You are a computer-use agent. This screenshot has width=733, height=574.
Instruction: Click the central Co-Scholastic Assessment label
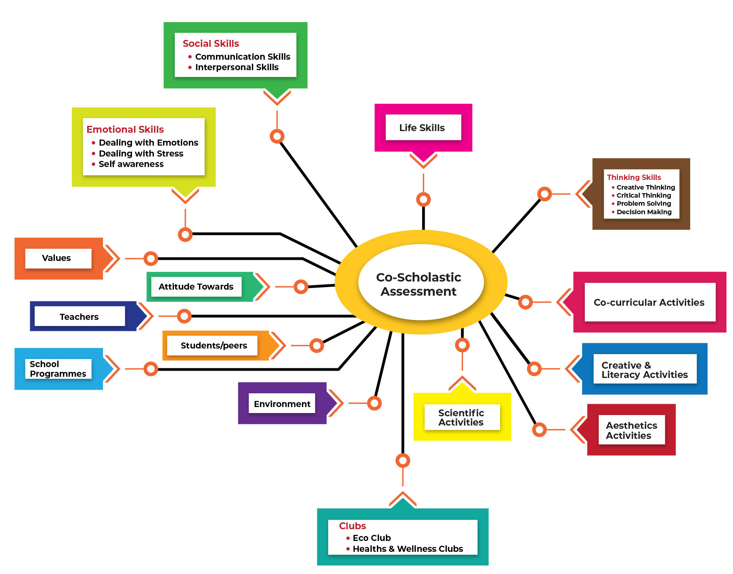click(419, 284)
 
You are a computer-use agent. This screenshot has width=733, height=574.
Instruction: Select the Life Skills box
click(422, 128)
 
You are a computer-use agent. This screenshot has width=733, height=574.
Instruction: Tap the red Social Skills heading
click(211, 44)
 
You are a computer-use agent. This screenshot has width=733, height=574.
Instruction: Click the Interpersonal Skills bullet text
click(237, 67)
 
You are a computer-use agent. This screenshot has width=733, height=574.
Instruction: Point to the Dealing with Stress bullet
click(141, 154)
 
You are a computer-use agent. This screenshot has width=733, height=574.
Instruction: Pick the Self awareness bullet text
click(131, 164)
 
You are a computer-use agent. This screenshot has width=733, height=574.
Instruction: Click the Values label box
click(57, 258)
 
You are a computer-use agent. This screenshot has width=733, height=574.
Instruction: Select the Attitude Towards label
click(196, 287)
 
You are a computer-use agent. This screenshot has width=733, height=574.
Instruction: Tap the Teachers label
click(79, 317)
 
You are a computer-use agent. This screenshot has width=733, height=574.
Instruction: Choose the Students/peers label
click(214, 346)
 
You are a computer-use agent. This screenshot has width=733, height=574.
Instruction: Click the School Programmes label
click(58, 369)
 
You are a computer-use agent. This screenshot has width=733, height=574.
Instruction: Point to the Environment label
click(282, 404)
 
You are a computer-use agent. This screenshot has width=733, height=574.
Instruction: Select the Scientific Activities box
click(461, 417)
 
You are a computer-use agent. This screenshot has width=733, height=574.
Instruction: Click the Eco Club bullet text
click(372, 538)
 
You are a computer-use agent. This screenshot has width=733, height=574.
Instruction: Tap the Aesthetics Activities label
click(631, 430)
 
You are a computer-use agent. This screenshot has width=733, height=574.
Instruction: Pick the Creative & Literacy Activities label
click(645, 370)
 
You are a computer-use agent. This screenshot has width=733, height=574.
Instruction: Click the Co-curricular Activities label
click(649, 303)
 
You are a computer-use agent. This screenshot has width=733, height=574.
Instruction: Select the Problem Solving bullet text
click(644, 204)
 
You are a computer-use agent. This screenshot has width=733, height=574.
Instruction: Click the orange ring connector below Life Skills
click(423, 199)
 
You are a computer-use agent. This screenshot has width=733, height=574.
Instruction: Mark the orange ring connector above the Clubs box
click(403, 460)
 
